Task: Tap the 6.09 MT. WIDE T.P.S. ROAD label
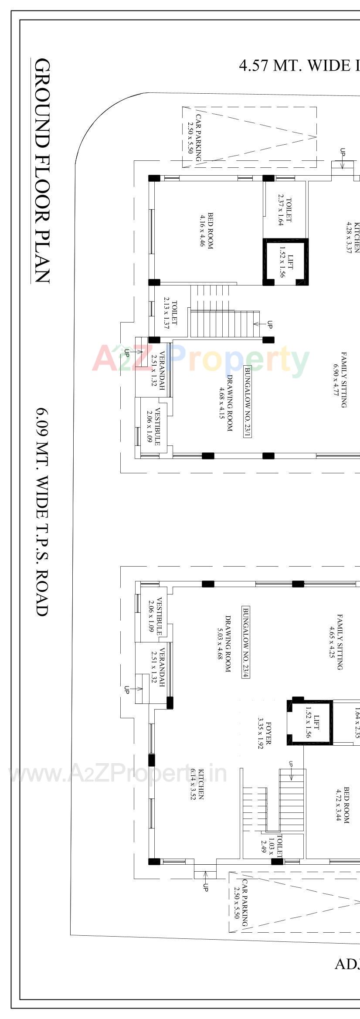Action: (x=42, y=512)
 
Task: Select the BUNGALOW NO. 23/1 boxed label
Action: (x=247, y=401)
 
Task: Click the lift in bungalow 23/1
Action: (x=285, y=262)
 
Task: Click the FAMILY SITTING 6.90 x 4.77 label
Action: (x=340, y=380)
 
